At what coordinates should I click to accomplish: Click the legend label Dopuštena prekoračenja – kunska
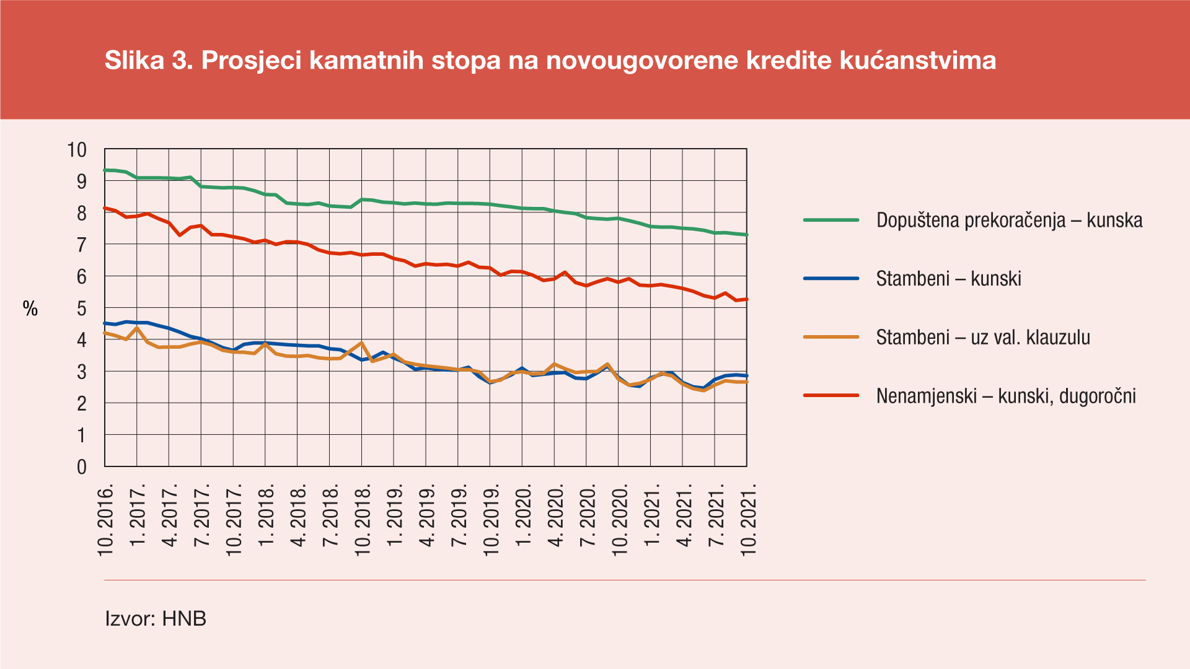(1009, 221)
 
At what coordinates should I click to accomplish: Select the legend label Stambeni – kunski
(948, 279)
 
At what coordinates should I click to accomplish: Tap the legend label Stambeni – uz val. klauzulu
(983, 338)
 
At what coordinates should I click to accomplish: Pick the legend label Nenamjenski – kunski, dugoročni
(1006, 396)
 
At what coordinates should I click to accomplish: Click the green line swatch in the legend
(831, 220)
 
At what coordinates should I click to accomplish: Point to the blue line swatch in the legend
(831, 279)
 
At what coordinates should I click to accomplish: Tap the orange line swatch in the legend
(831, 337)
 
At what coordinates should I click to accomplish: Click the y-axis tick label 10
(77, 150)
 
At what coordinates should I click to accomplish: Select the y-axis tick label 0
(82, 467)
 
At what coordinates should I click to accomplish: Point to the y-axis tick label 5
(82, 308)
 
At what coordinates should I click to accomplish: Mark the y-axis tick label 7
(82, 245)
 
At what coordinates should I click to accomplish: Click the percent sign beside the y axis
(30, 308)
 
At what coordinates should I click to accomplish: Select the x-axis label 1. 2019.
(395, 515)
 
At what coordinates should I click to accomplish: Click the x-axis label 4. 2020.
(556, 515)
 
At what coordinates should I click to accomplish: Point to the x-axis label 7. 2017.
(203, 515)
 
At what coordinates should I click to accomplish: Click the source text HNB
(184, 619)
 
